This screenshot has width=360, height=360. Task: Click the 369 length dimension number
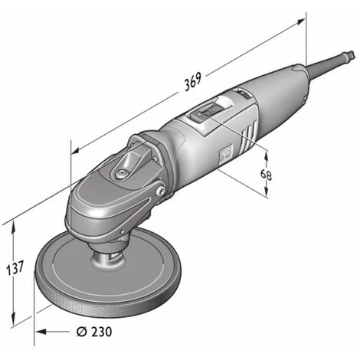[193, 81]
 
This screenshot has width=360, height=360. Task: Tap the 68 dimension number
[266, 175]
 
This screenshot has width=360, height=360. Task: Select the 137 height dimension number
[15, 268]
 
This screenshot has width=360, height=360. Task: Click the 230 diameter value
[102, 332]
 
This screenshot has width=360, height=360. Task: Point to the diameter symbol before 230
[82, 332]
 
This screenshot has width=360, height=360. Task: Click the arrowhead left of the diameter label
[41, 332]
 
